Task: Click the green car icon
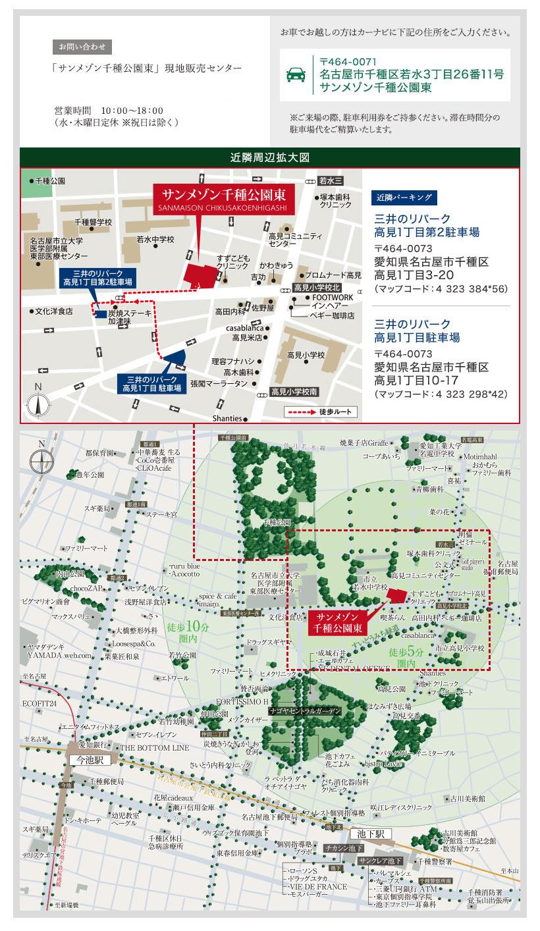[296, 75]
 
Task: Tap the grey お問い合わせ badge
[82, 47]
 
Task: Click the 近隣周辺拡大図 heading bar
[270, 158]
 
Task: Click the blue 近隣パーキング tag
[403, 196]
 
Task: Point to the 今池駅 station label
[90, 759]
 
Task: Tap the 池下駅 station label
[370, 834]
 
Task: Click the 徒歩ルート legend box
[322, 412]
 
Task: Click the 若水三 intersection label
[329, 180]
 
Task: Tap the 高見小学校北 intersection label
[317, 288]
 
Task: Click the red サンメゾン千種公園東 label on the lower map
[337, 622]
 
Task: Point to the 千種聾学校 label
[94, 223]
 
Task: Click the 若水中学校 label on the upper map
[155, 240]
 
